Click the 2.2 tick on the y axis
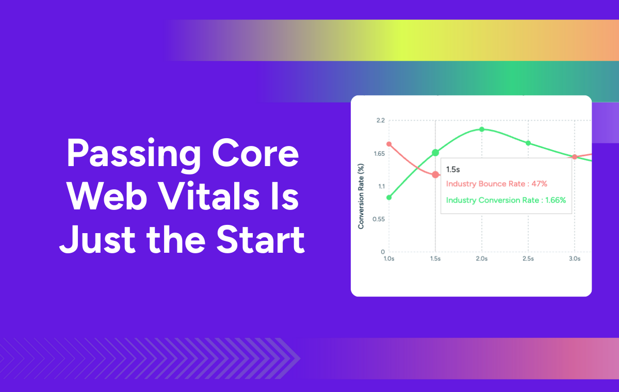[381, 121]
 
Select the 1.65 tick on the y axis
[379, 154]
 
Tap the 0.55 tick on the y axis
[379, 219]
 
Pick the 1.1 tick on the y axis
[381, 187]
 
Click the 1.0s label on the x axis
[389, 259]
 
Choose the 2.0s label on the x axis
[482, 259]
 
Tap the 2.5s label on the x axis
[528, 259]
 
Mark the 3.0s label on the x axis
[574, 259]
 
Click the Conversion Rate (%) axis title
[362, 196]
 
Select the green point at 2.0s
[482, 129]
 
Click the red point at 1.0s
[389, 144]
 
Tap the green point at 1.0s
[389, 197]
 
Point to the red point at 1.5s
[435, 175]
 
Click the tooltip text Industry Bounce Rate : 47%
[496, 184]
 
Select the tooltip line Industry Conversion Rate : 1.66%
[506, 200]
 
